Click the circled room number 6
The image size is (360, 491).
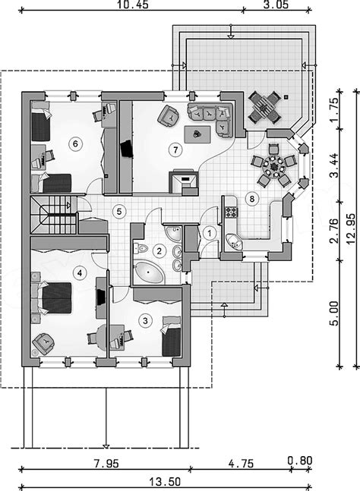[75, 144]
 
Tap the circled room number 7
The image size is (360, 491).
[175, 150]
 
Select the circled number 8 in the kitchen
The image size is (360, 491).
[252, 199]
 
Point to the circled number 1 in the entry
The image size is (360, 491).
[210, 233]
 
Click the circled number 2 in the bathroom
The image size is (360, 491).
[159, 251]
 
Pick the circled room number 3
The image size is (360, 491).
[145, 321]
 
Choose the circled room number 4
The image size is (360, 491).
[80, 273]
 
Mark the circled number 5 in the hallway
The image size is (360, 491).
[119, 212]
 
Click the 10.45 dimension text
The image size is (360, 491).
[133, 5]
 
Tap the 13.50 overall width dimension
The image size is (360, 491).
[165, 482]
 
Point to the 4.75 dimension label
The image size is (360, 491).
[241, 463]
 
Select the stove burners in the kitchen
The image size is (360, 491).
[232, 212]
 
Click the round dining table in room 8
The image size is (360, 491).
[273, 166]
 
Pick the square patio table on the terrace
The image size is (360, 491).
[264, 108]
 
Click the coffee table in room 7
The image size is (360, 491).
[197, 134]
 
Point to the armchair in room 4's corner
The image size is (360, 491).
[43, 343]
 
